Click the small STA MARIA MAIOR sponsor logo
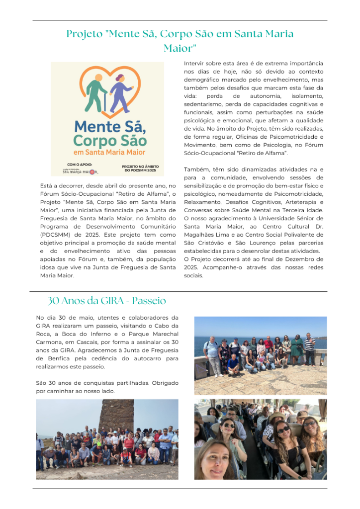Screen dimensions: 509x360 pyautogui.click(x=81, y=171)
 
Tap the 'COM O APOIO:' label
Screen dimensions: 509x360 pyautogui.click(x=80, y=165)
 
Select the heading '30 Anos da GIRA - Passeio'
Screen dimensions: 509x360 pyautogui.click(x=107, y=301)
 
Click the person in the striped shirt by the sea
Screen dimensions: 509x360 pyautogui.click(x=309, y=348)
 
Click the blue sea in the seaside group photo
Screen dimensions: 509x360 pyautogui.click(x=199, y=343)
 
